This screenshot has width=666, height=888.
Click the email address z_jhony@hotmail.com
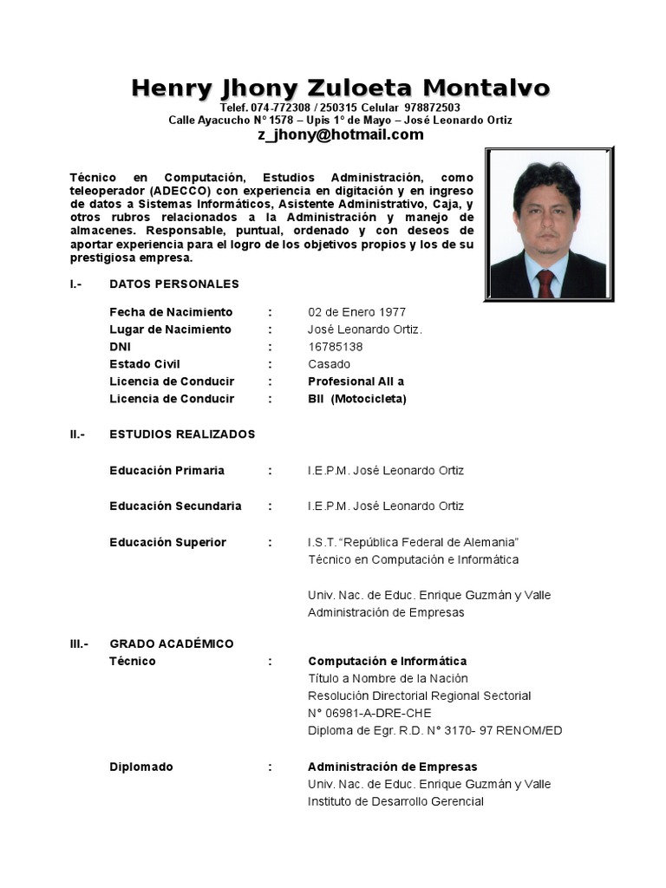click(x=340, y=134)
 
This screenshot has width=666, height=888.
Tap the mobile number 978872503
click(x=432, y=107)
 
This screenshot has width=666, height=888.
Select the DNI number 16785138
click(x=336, y=347)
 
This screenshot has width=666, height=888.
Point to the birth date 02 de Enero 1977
click(x=356, y=312)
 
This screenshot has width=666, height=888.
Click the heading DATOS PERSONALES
click(x=174, y=284)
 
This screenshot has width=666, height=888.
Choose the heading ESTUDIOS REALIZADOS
click(x=182, y=434)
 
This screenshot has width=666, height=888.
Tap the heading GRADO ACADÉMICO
click(x=172, y=643)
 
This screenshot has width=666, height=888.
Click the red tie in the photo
click(x=545, y=283)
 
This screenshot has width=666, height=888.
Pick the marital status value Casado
click(x=330, y=364)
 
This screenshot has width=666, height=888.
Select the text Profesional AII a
click(x=356, y=382)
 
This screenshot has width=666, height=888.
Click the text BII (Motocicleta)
click(x=356, y=399)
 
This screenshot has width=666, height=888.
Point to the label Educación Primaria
click(x=166, y=470)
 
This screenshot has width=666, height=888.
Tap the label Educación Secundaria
click(x=175, y=506)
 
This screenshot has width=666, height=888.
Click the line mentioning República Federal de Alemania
click(x=413, y=542)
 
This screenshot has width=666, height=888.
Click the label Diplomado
click(x=141, y=767)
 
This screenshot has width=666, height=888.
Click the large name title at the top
click(x=340, y=88)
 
